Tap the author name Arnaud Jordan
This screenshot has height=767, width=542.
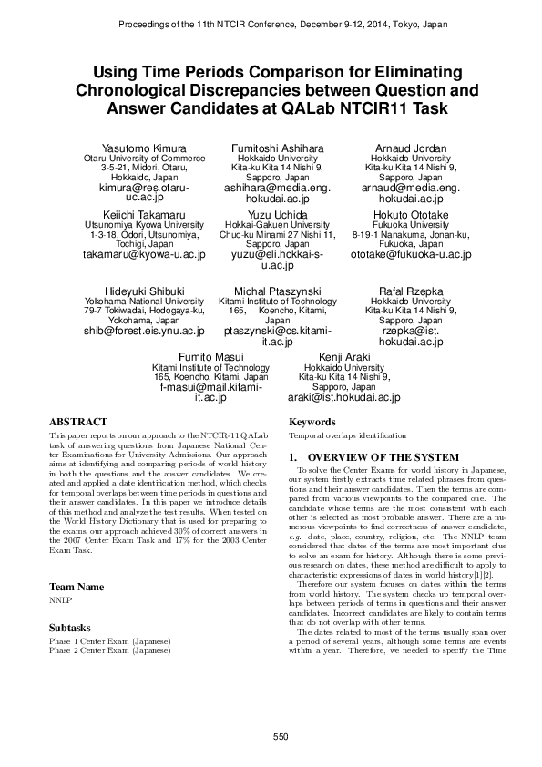(x=411, y=148)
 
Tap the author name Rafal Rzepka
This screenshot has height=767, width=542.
(x=411, y=290)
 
